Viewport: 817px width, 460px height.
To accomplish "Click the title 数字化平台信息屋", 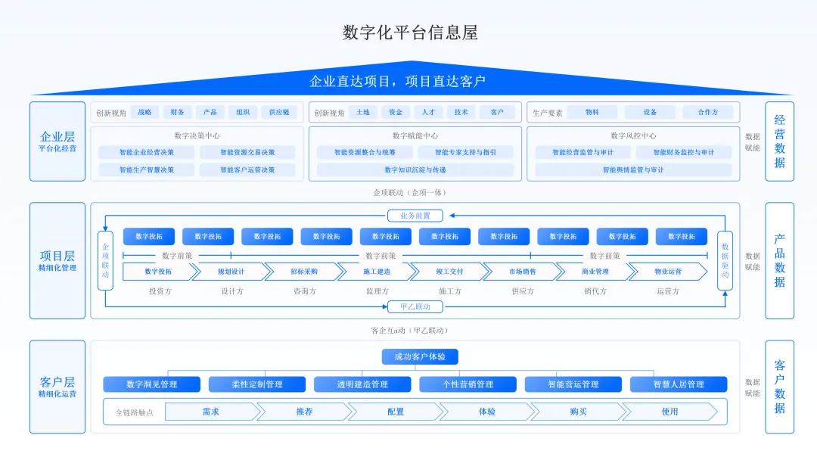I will pyautogui.click(x=409, y=33).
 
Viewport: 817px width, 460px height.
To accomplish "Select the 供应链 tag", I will pyautogui.click(x=279, y=112).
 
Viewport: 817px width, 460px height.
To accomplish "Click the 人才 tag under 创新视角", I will pyautogui.click(x=428, y=112).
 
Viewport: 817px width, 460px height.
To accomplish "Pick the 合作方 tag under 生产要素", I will pyautogui.click(x=708, y=112).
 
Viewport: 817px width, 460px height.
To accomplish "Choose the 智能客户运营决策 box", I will pyautogui.click(x=248, y=170).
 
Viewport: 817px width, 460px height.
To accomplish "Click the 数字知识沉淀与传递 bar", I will pyautogui.click(x=415, y=170).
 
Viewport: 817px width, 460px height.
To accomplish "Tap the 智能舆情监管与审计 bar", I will pyautogui.click(x=633, y=170).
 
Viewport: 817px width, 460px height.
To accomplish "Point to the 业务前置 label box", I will pyautogui.click(x=415, y=216).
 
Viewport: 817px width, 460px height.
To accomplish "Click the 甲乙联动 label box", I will pyautogui.click(x=415, y=306).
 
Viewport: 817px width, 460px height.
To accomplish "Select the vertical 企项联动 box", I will pyautogui.click(x=106, y=261).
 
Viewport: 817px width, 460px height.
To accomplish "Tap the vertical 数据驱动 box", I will pyautogui.click(x=725, y=261).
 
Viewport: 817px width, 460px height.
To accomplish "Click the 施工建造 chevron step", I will pyautogui.click(x=377, y=272).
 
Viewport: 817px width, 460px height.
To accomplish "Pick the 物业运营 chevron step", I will pyautogui.click(x=668, y=272).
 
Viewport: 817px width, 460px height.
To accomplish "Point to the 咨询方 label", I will pyautogui.click(x=305, y=291).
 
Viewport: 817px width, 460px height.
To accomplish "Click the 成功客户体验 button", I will pyautogui.click(x=420, y=357).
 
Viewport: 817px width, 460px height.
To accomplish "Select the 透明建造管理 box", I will pyautogui.click(x=363, y=384).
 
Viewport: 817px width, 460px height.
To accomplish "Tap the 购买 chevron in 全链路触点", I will pyautogui.click(x=579, y=412).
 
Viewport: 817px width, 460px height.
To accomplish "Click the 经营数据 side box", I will pyautogui.click(x=780, y=141).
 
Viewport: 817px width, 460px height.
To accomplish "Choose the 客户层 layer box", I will pyautogui.click(x=57, y=387).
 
